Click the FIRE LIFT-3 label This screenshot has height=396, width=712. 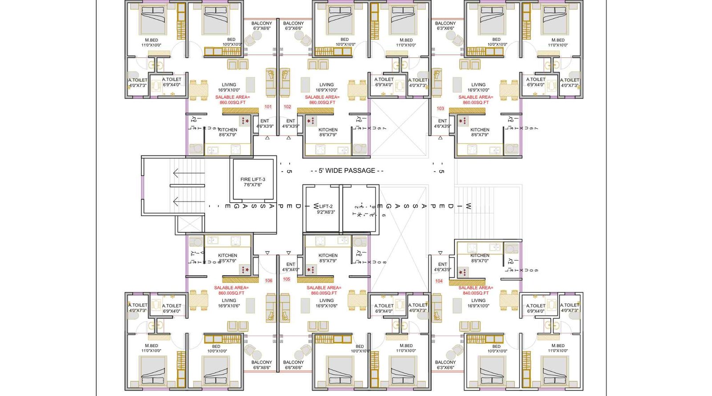pyautogui.click(x=253, y=182)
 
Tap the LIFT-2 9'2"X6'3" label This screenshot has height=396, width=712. pyautogui.click(x=326, y=209)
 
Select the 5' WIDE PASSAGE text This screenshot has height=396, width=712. pyautogui.click(x=347, y=171)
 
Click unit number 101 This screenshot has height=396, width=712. pyautogui.click(x=268, y=107)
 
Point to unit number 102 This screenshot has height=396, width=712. pyautogui.click(x=287, y=107)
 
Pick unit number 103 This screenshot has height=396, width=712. pyautogui.click(x=441, y=108)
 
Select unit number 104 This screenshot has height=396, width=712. pyautogui.click(x=439, y=281)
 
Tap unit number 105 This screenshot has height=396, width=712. pyautogui.click(x=287, y=279)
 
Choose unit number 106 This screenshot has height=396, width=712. pyautogui.click(x=268, y=281)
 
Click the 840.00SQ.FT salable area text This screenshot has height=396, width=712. pyautogui.click(x=476, y=293)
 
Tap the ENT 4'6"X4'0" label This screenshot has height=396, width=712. pyautogui.click(x=291, y=267)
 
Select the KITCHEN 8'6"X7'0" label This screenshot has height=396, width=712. pyautogui.click(x=480, y=258)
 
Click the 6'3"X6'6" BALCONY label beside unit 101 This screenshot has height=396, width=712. pyautogui.click(x=262, y=26)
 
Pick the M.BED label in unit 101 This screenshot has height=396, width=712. pyautogui.click(x=151, y=42)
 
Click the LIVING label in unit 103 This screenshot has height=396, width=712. pyautogui.click(x=478, y=87)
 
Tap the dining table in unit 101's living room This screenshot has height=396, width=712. pyautogui.click(x=198, y=90)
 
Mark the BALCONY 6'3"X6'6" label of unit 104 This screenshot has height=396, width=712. pyautogui.click(x=445, y=365)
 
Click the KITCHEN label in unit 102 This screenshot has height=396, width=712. pyautogui.click(x=328, y=132)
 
